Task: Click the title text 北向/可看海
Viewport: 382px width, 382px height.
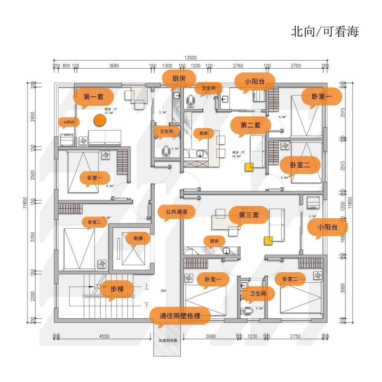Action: click(x=325, y=31)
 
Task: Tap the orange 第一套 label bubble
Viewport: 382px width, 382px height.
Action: click(x=93, y=97)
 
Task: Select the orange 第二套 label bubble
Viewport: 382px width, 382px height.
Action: click(x=250, y=125)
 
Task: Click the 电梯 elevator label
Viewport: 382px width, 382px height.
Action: click(x=138, y=238)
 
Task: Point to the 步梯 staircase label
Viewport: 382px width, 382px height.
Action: click(x=117, y=289)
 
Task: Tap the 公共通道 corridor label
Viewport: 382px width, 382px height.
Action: click(x=176, y=212)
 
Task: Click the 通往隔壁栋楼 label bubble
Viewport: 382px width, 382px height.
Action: click(x=180, y=316)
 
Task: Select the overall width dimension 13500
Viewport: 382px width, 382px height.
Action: click(x=190, y=58)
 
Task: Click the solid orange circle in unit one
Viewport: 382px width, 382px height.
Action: click(x=100, y=120)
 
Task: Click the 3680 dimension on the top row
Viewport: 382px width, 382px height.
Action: click(x=114, y=66)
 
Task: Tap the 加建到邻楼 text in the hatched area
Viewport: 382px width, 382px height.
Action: click(x=168, y=341)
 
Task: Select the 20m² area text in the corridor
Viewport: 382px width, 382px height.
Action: click(x=163, y=291)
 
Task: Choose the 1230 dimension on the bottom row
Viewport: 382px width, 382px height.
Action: click(x=253, y=336)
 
